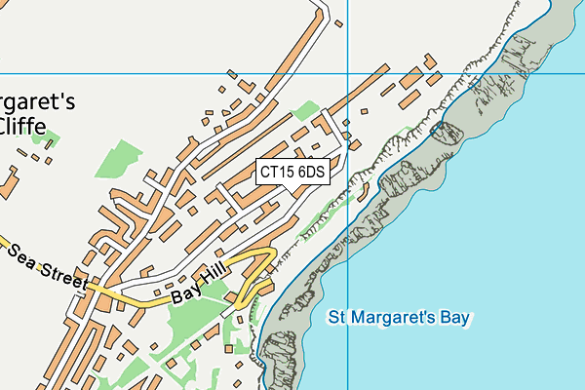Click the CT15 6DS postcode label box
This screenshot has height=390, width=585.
click(x=292, y=172)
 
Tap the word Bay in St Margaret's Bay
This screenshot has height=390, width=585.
click(x=454, y=318)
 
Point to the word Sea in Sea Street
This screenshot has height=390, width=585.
click(x=26, y=257)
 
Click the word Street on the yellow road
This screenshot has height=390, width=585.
click(x=64, y=275)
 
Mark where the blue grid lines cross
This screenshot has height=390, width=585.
click(x=348, y=74)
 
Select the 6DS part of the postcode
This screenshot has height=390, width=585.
click(x=311, y=172)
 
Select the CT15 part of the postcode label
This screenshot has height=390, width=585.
click(x=277, y=172)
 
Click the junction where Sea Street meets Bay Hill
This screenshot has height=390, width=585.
click(x=91, y=287)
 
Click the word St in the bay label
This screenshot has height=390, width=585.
click(x=337, y=318)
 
